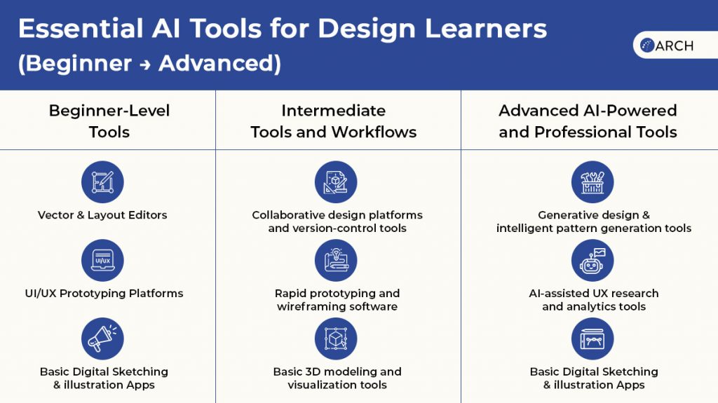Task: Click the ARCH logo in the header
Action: point(667,46)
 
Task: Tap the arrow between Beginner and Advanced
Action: point(145,64)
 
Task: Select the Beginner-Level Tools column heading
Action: point(109,121)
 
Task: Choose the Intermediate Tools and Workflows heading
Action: point(334,121)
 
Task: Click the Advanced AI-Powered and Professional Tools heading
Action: point(588,121)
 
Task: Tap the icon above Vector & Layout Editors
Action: point(102,182)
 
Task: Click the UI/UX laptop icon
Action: point(102,260)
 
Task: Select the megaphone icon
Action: point(102,339)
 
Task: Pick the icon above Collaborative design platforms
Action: point(336,182)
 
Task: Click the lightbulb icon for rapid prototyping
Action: point(336,260)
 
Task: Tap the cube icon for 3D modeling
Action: point(336,339)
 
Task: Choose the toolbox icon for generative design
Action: point(592,182)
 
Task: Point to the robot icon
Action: point(592,260)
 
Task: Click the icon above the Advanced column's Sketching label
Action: point(592,339)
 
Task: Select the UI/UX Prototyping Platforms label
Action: point(104,293)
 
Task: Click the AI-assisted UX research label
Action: point(594,299)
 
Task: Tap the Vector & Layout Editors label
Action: point(102,214)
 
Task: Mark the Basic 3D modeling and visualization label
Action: point(337,378)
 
